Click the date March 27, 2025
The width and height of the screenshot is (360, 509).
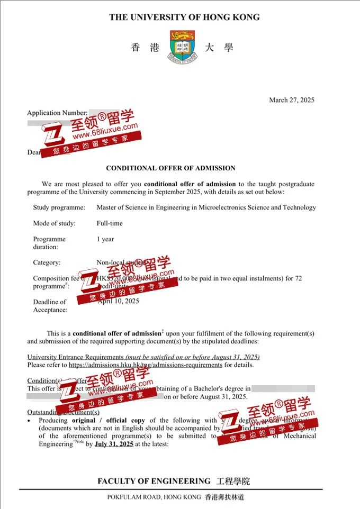(x=292, y=100)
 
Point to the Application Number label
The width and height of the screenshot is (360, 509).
(x=57, y=113)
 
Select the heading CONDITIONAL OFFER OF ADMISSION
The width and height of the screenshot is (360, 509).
(x=170, y=168)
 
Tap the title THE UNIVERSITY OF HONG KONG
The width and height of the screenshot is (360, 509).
(x=184, y=17)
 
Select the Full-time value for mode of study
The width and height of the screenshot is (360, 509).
(x=110, y=223)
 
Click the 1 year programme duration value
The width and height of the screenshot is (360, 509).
(x=105, y=239)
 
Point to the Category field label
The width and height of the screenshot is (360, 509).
(x=47, y=262)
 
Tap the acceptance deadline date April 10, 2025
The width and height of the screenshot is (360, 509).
(x=119, y=301)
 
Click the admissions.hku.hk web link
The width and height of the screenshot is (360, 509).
(x=145, y=365)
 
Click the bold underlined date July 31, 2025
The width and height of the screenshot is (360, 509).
(x=114, y=444)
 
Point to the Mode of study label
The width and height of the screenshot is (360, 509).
(x=54, y=223)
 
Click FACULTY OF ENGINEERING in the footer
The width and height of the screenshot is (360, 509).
(x=154, y=481)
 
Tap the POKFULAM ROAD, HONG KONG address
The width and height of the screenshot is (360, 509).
(x=154, y=497)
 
